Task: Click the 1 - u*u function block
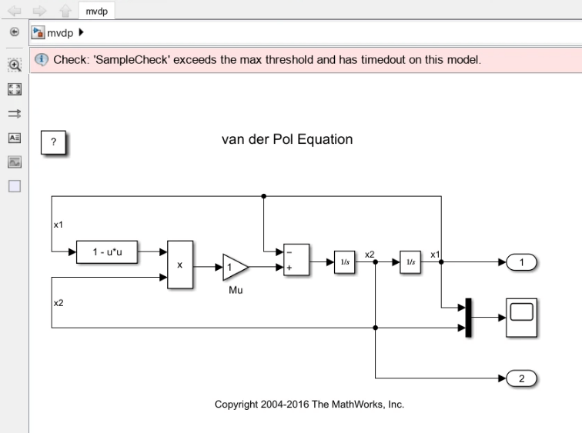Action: [108, 251]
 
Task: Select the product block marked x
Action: [181, 265]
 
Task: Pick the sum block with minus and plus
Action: [296, 259]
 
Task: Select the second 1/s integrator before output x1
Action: [410, 262]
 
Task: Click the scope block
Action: [523, 315]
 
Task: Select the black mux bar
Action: [468, 317]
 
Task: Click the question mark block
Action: [53, 143]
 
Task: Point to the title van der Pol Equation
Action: [287, 140]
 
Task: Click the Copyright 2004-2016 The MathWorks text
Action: [309, 405]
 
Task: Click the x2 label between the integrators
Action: [370, 254]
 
